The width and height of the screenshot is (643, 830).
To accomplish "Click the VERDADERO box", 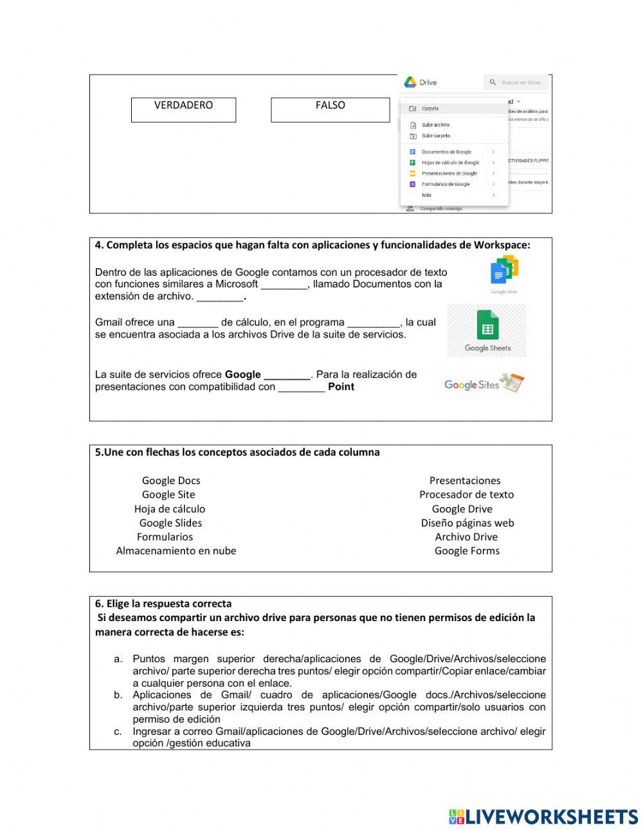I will click(183, 109).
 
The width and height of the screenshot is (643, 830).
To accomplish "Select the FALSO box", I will click(330, 109).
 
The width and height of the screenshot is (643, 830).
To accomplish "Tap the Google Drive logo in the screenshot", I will click(410, 82).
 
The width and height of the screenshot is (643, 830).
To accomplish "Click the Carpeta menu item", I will click(430, 109).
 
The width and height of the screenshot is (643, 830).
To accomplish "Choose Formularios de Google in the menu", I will click(446, 184).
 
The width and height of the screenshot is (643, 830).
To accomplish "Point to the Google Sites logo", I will click(484, 384).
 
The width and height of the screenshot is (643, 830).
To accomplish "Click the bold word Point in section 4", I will click(341, 387).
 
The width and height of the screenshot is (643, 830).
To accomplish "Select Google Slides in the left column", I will click(170, 523).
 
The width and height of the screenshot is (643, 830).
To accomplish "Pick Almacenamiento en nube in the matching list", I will click(176, 551).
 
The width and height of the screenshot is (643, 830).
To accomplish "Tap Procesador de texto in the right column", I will click(466, 494).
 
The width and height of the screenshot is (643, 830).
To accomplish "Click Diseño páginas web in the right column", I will click(467, 523).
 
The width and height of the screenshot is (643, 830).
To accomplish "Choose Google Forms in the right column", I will click(467, 551).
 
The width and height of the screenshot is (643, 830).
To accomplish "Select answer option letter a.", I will click(118, 659).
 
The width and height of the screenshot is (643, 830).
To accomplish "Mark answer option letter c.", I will click(118, 732).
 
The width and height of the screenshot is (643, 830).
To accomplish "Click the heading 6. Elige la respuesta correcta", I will click(163, 604).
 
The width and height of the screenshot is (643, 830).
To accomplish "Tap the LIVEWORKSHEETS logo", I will click(543, 816).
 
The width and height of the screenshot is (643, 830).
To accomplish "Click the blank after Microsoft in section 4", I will click(284, 285).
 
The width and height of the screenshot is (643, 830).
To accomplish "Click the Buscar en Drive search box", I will click(516, 82).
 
